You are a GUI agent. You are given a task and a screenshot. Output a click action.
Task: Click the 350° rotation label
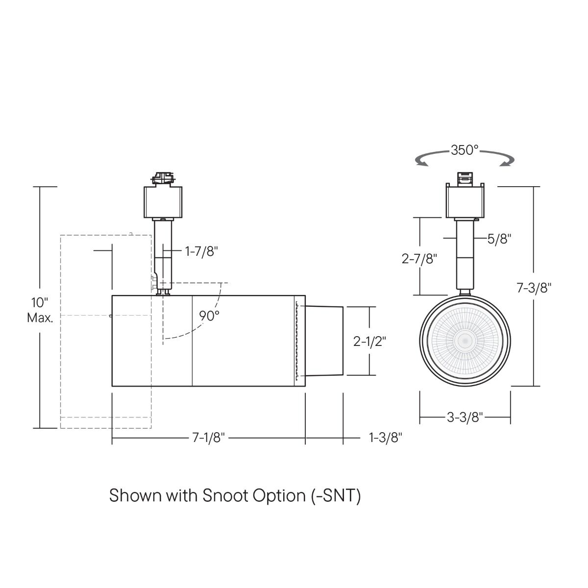click(x=465, y=150)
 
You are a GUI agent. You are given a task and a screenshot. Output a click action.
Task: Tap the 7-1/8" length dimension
click(x=208, y=438)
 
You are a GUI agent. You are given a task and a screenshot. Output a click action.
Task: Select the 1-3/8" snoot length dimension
click(x=385, y=438)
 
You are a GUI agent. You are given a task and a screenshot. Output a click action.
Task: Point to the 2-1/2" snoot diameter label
click(x=370, y=342)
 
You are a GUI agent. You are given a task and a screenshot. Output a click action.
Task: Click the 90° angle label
click(x=209, y=316)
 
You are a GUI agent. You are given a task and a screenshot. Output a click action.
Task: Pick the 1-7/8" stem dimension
click(x=201, y=251)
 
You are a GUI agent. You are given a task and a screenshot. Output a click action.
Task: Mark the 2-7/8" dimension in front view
click(x=419, y=258)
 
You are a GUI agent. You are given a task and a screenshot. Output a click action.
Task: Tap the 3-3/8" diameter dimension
click(x=465, y=417)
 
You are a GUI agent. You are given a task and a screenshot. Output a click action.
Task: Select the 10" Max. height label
click(x=40, y=310)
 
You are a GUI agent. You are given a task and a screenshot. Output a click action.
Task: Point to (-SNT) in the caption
click(x=336, y=495)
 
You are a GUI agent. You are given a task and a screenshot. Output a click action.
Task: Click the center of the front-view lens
click(x=465, y=340)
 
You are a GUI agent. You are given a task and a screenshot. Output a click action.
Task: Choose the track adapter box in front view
click(x=465, y=202)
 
